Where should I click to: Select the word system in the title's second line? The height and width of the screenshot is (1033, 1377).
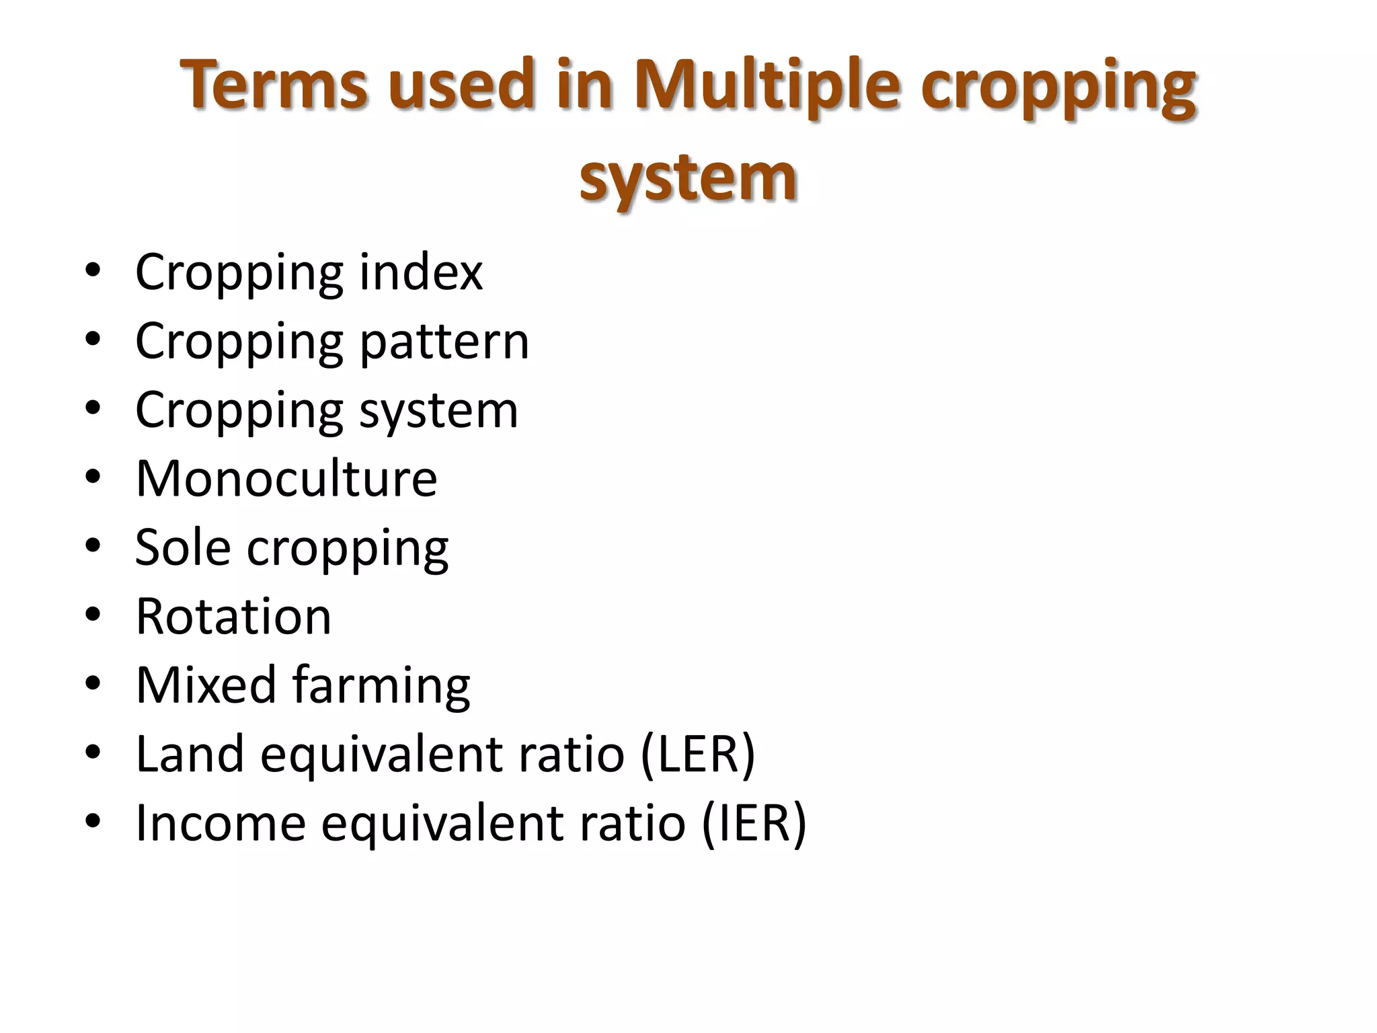[x=688, y=178]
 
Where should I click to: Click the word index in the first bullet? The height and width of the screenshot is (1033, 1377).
[x=420, y=272]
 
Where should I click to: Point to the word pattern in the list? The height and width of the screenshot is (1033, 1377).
[x=444, y=342]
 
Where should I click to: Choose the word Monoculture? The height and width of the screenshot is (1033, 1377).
[x=286, y=479]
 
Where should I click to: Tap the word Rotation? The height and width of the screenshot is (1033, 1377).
[x=233, y=617]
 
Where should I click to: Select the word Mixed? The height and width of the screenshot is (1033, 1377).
[x=206, y=685]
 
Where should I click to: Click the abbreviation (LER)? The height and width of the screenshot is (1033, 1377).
[x=698, y=755]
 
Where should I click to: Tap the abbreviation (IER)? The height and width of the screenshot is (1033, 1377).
[x=754, y=823]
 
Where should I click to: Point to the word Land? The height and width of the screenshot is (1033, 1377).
[x=190, y=755]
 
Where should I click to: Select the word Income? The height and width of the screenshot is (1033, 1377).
[x=221, y=823]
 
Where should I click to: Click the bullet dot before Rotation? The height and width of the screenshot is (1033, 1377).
[x=93, y=615]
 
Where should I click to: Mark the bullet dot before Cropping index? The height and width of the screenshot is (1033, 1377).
[x=93, y=270]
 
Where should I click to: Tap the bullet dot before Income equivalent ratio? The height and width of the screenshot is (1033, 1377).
[x=93, y=821]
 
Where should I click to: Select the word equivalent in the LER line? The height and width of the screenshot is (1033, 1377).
[x=381, y=755]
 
